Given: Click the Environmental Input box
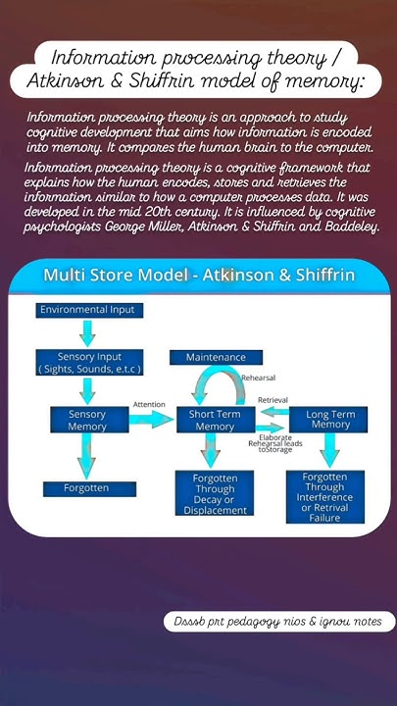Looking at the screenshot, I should (89, 311).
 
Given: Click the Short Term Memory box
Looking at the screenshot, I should (215, 420).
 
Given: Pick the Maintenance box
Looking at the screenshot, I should (215, 358).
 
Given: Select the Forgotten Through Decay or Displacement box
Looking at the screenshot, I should (215, 493).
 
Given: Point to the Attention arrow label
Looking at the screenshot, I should (149, 404).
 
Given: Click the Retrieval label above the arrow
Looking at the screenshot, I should (273, 400).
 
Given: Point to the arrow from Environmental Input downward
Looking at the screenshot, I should (88, 333).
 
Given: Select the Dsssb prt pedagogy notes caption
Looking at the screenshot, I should (279, 622).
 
